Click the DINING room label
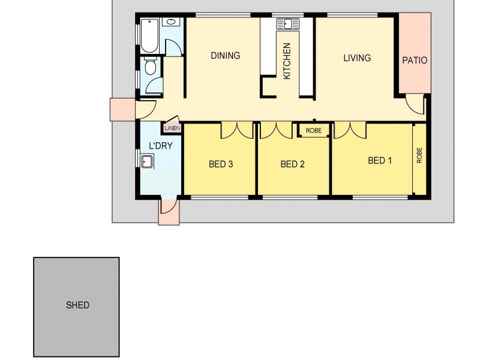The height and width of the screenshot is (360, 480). click(225, 56)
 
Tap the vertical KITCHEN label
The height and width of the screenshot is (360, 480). click(287, 61)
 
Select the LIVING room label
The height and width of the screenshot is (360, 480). click(357, 58)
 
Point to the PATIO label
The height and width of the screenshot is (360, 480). click(415, 60)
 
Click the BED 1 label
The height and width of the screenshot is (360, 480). click(380, 161)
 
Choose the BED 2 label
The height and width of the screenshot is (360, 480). click(293, 164)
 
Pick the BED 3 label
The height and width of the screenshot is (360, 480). click(221, 164)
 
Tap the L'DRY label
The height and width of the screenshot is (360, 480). click(161, 146)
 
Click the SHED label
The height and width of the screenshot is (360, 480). click(77, 305)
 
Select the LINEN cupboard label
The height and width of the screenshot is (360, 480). click(172, 128)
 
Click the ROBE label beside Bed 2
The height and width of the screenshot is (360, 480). click(313, 130)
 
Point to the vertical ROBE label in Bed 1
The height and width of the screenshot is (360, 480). click(419, 156)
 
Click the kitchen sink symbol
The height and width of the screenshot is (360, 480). click(288, 24)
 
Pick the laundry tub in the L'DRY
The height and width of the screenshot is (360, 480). click(148, 161)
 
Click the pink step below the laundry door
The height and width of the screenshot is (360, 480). click(169, 213)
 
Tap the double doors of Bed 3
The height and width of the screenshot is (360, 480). click(237, 130)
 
